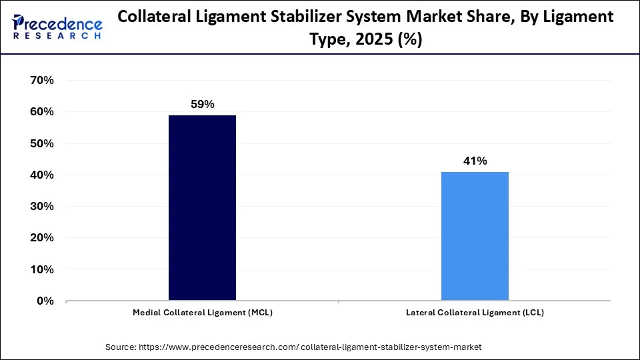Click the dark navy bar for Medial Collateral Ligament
click(202, 208)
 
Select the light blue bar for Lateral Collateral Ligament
click(475, 236)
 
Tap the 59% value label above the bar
click(202, 104)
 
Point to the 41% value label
click(475, 161)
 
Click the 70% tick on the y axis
click(41, 80)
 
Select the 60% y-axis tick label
click(41, 112)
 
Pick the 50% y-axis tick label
click(41, 143)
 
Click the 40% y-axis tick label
click(41, 175)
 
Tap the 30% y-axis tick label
click(41, 207)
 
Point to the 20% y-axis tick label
click(41, 238)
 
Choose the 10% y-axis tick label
click(41, 269)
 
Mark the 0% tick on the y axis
click(45, 301)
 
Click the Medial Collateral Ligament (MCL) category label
click(203, 313)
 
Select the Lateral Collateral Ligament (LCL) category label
click(475, 313)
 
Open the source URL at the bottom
click(310, 347)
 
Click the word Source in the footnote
click(121, 347)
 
